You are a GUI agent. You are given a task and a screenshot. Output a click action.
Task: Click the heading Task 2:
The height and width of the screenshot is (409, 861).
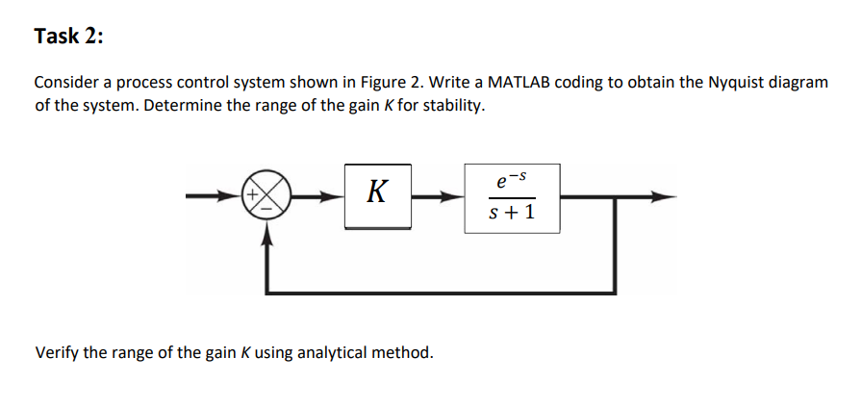click(x=68, y=37)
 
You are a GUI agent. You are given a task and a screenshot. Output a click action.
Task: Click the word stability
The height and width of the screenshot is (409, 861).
click(x=453, y=104)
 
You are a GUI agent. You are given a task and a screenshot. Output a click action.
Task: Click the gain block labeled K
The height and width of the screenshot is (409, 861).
click(x=378, y=196)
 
